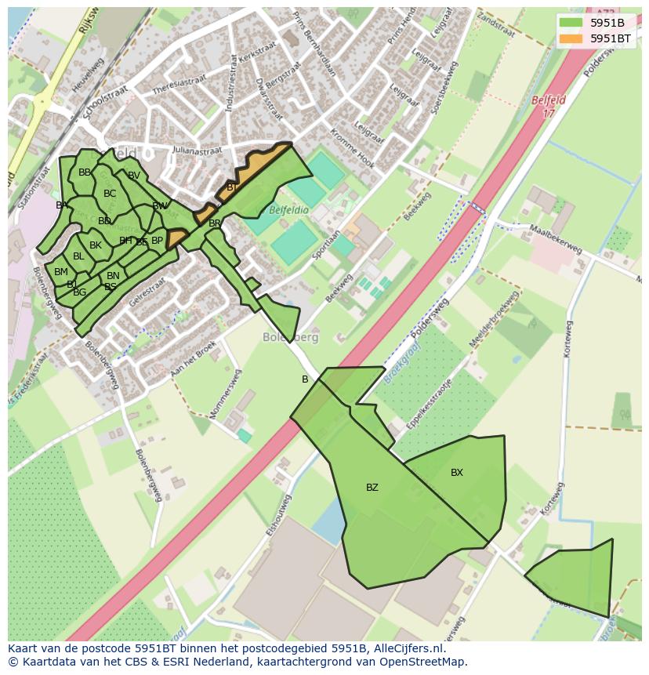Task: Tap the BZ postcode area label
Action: click(x=372, y=488)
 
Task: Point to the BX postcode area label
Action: click(x=457, y=473)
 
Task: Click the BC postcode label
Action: click(x=110, y=194)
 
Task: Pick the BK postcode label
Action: click(x=96, y=245)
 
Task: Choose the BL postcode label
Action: click(x=78, y=256)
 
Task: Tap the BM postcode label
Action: click(x=61, y=272)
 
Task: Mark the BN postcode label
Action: click(x=113, y=275)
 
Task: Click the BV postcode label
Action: click(x=134, y=176)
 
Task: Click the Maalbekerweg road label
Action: click(x=556, y=240)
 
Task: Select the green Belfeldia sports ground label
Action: click(x=288, y=211)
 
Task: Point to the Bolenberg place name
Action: click(x=290, y=338)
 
